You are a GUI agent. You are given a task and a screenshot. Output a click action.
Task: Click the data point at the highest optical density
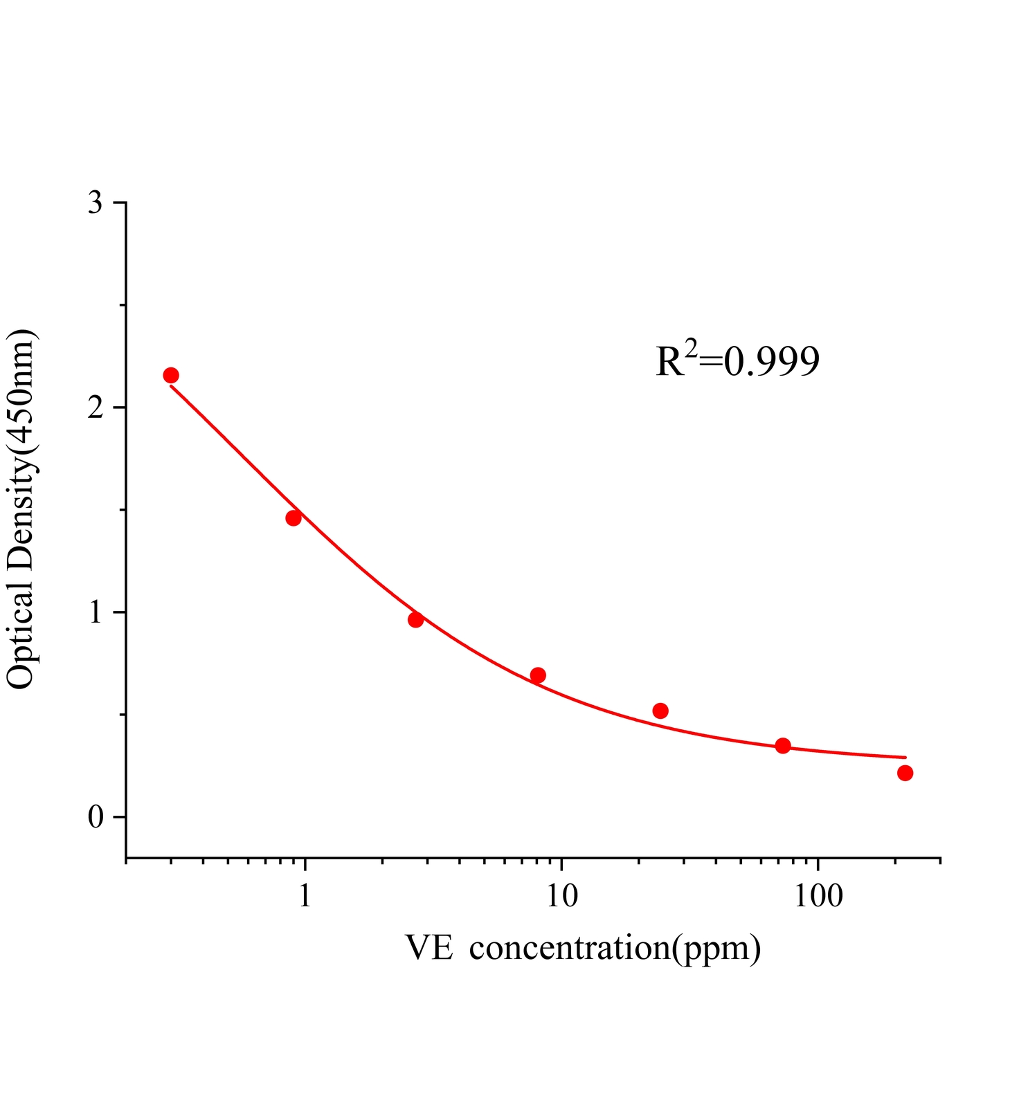(x=171, y=375)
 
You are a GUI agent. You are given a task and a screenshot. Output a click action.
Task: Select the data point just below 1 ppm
(x=294, y=518)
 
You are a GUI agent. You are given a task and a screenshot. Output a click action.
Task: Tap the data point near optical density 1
(x=415, y=619)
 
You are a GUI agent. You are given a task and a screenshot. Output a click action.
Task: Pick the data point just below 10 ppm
(x=538, y=675)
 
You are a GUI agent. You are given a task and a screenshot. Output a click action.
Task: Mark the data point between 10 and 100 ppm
(x=660, y=711)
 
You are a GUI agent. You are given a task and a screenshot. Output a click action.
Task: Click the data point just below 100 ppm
(x=783, y=745)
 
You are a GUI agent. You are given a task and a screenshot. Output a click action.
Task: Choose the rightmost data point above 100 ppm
(x=905, y=773)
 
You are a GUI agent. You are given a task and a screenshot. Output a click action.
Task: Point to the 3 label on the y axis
(x=96, y=203)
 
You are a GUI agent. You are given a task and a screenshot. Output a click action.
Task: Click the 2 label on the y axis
(x=96, y=408)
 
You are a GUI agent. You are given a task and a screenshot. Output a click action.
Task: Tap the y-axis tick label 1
(x=96, y=612)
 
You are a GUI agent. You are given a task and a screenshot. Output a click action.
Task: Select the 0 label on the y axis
(x=96, y=817)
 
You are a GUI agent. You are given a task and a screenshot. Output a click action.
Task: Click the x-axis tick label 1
(x=305, y=896)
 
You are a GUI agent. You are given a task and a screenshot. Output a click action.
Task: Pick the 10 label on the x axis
(x=561, y=896)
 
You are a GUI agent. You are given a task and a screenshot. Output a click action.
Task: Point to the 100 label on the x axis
(x=818, y=896)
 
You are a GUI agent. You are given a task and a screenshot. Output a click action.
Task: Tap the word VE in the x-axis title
(x=429, y=948)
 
